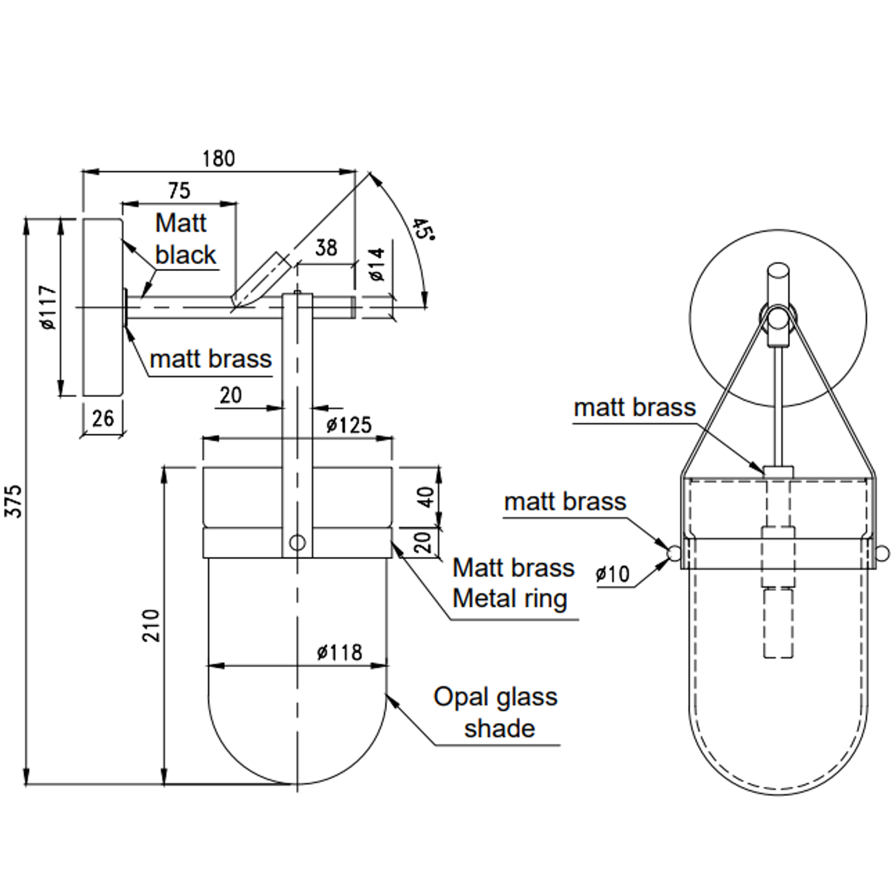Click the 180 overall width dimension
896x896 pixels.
219,159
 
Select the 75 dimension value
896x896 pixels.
179,190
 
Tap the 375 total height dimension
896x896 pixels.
14,500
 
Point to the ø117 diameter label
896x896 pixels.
48,307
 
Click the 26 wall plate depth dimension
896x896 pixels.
103,419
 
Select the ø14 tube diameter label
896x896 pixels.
378,265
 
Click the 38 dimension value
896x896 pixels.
326,248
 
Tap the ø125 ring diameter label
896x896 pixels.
349,425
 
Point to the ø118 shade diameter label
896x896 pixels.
339,652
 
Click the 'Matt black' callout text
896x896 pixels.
184,239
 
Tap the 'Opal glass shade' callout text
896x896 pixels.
496,712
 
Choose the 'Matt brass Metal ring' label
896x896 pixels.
513,583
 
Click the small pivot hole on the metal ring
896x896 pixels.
298,543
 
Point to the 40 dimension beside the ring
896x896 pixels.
425,497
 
